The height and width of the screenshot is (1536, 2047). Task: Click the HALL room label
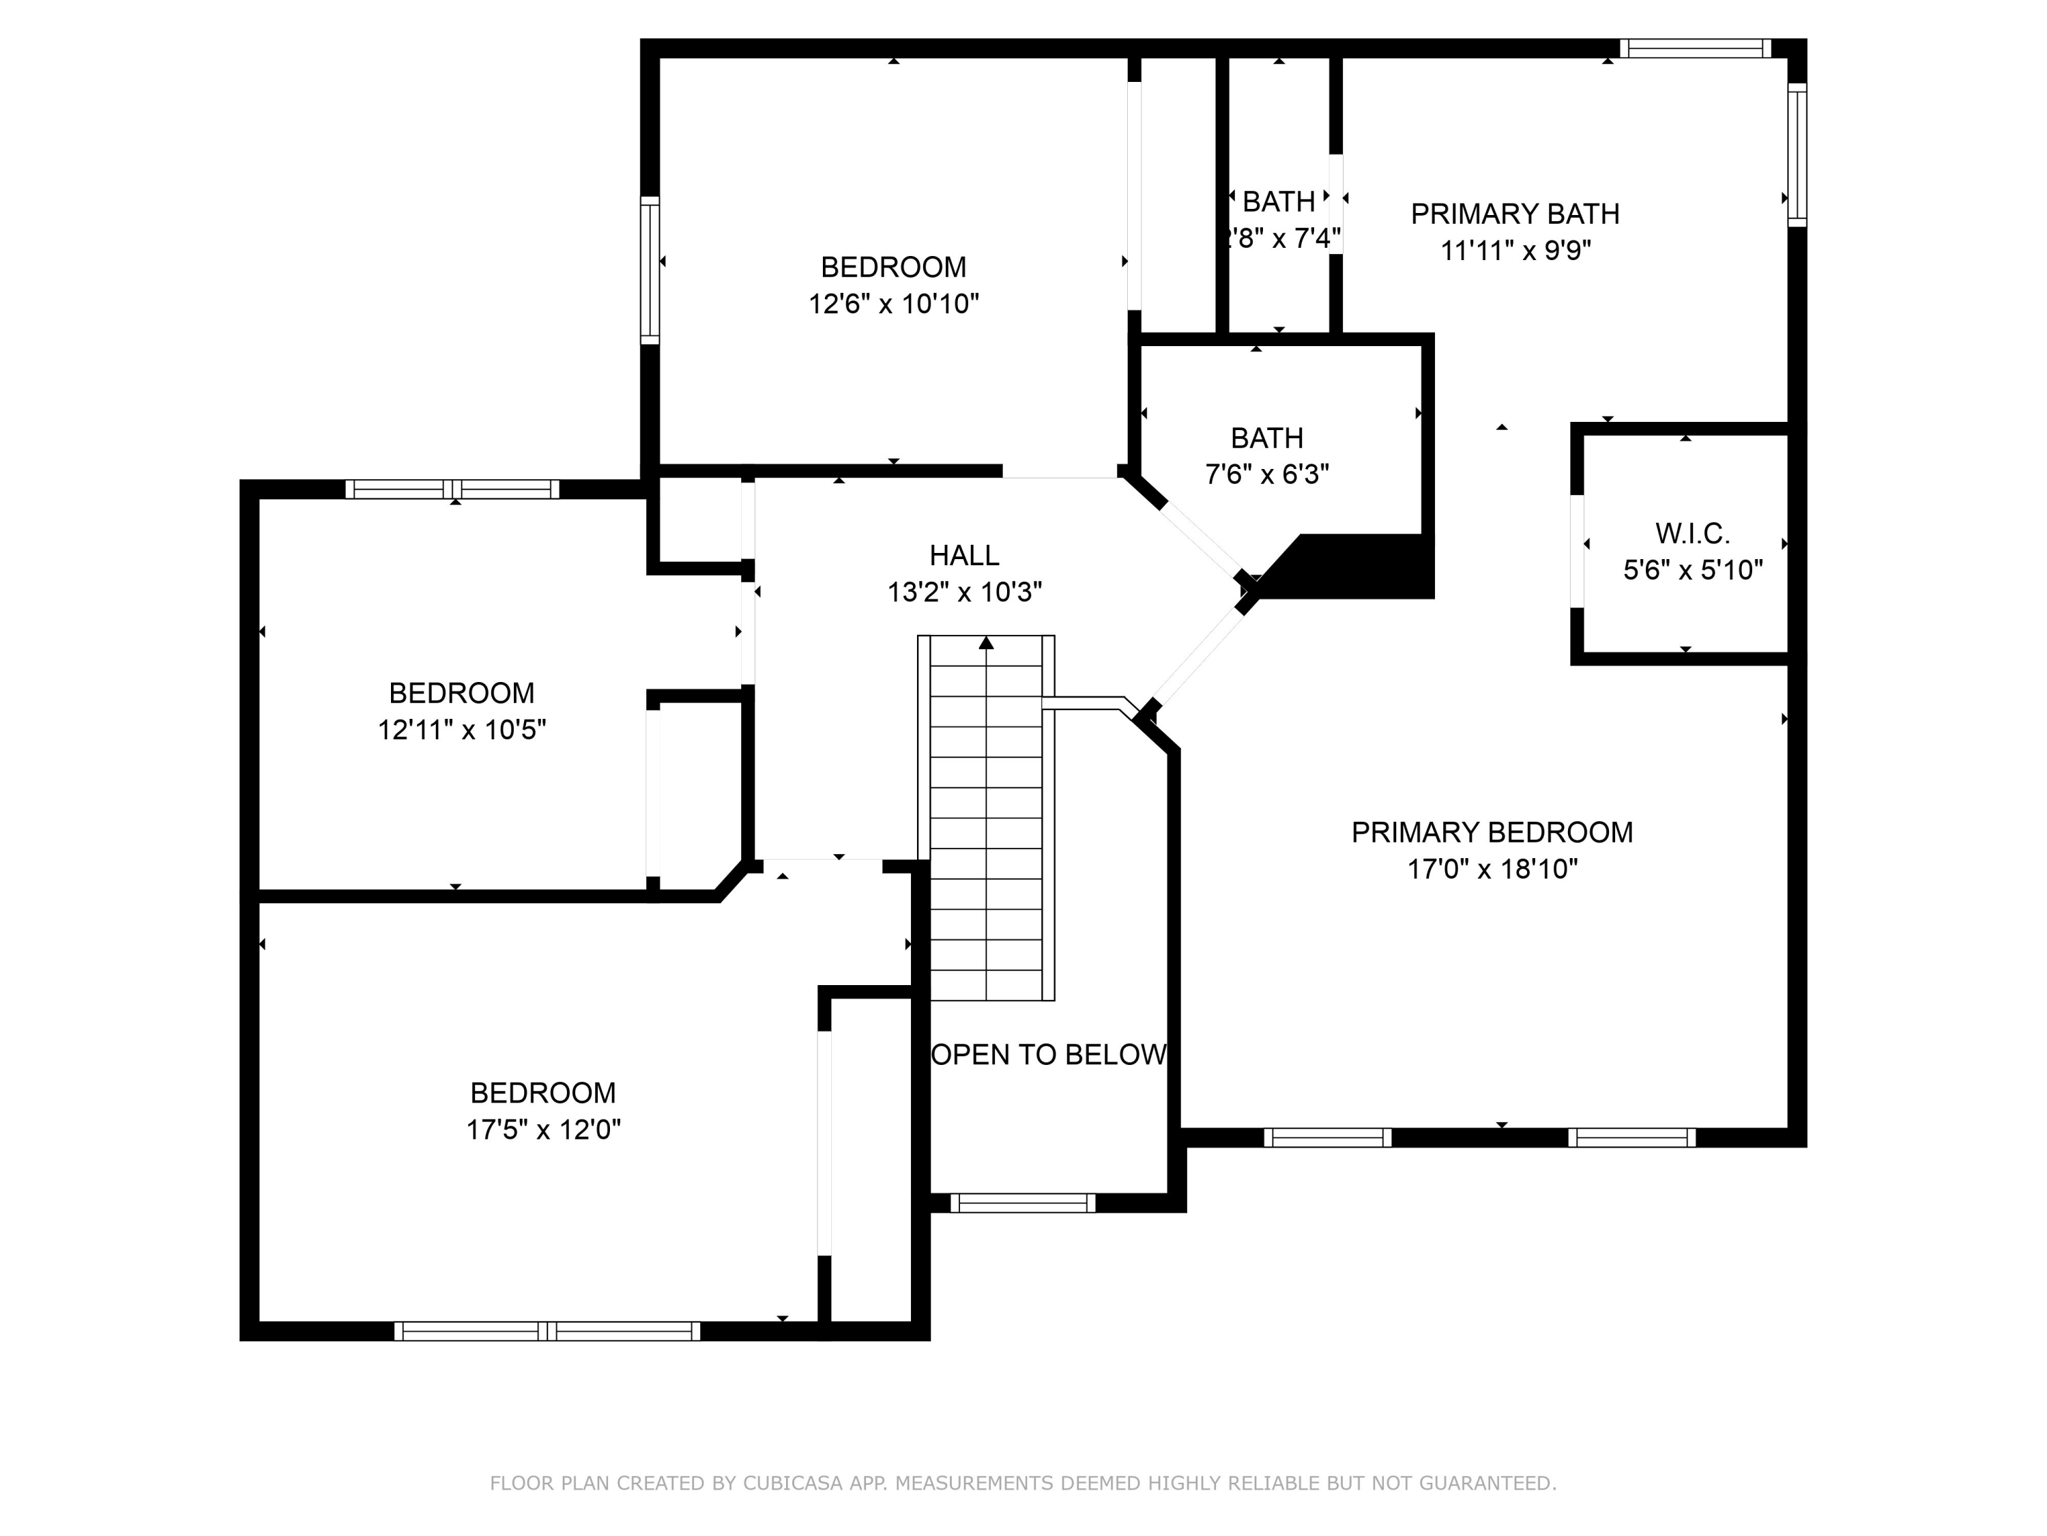click(x=963, y=556)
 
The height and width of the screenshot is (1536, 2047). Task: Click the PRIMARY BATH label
click(x=1514, y=214)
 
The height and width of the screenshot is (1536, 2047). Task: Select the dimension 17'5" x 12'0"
click(x=543, y=1130)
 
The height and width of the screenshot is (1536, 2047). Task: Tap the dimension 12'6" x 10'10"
click(x=893, y=304)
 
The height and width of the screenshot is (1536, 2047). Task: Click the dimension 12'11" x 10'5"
click(x=461, y=730)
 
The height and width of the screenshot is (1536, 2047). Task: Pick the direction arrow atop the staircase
click(x=987, y=642)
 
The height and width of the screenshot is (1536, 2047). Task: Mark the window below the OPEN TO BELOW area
click(x=1023, y=1204)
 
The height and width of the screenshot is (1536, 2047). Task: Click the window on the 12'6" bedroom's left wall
click(x=650, y=270)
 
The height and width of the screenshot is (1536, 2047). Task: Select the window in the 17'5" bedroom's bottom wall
click(x=547, y=1331)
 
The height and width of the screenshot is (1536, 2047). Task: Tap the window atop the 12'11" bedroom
click(x=452, y=489)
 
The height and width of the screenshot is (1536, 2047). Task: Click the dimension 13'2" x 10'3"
click(x=963, y=592)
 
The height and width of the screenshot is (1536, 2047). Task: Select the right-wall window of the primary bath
click(x=1796, y=154)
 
